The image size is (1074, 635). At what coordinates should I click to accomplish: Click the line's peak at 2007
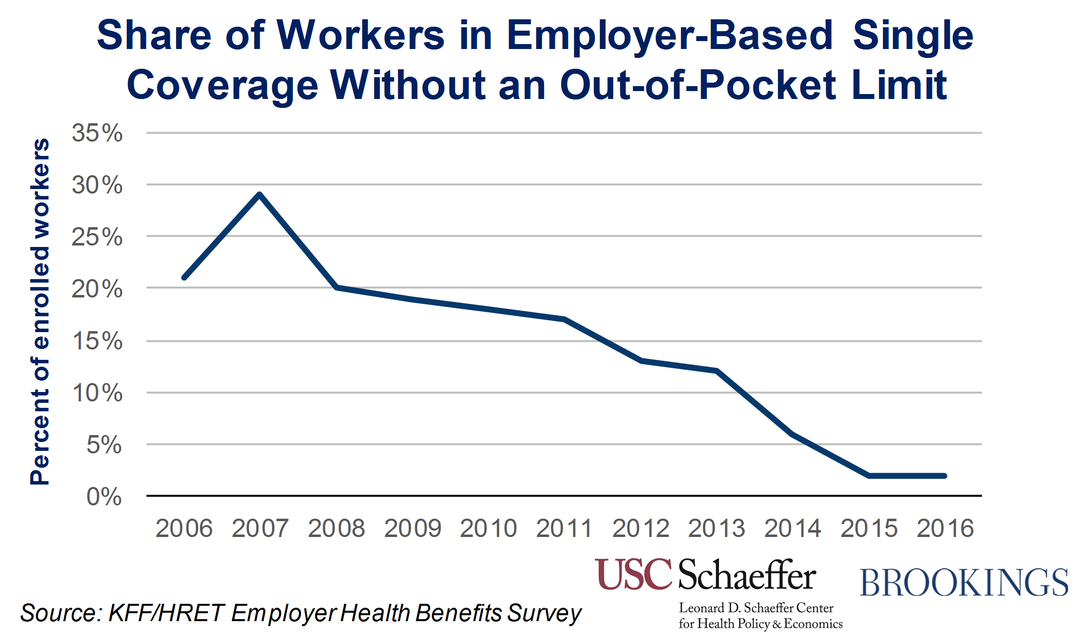(x=259, y=195)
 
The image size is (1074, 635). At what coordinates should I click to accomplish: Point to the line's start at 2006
(x=184, y=277)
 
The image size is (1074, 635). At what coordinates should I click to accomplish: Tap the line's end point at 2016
(x=944, y=476)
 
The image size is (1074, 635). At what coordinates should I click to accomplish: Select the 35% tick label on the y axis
(x=97, y=133)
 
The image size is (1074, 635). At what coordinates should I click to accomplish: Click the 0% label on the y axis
(x=104, y=496)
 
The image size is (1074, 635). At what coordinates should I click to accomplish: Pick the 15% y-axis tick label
(x=97, y=341)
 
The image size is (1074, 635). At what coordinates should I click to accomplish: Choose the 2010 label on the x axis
(x=488, y=529)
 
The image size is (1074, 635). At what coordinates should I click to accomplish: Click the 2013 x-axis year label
(x=716, y=529)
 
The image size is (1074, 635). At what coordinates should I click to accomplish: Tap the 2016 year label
(x=945, y=529)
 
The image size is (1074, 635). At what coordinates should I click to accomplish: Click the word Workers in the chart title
(x=360, y=36)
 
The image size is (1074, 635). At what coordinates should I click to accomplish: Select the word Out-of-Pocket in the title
(x=698, y=85)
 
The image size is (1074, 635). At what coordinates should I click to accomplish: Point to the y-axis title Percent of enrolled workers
(x=41, y=312)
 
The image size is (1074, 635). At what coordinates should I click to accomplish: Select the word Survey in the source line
(x=544, y=613)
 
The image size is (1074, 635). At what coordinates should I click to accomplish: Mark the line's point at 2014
(x=792, y=434)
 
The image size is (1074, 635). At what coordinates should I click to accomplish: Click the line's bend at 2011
(x=564, y=319)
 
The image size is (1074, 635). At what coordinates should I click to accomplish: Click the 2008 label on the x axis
(x=336, y=529)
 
